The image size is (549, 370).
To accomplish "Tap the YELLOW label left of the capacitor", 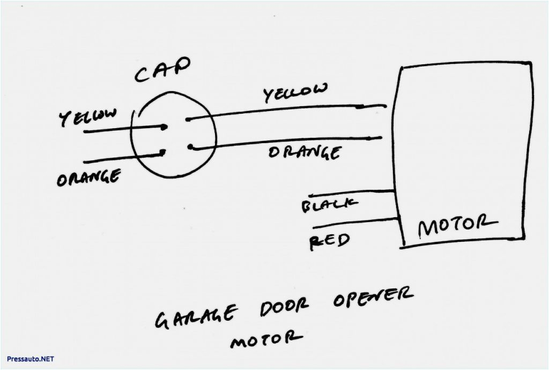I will coord(88,117).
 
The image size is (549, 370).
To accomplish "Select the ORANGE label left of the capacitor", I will coord(88,176).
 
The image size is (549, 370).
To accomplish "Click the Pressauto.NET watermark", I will coord(31,358).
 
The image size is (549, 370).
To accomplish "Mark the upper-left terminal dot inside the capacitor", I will coord(164,127).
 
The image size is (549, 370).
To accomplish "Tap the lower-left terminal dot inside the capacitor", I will coord(162,154).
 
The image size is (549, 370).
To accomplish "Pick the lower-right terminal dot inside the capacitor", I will coord(191,146).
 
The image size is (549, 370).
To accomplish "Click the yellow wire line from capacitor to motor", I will coord(284,110).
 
